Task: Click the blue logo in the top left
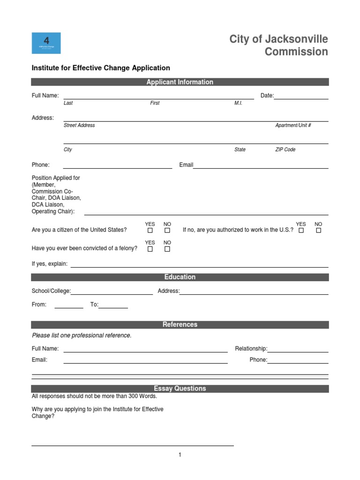click(46, 43)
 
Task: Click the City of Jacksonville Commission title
click(278, 45)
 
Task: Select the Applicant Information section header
click(180, 82)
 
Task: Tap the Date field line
click(301, 96)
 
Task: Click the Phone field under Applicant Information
click(117, 165)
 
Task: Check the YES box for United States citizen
click(150, 231)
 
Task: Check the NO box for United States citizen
click(167, 231)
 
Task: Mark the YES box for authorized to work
click(301, 231)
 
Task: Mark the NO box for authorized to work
click(319, 231)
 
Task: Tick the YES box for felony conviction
click(150, 249)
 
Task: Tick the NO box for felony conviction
click(167, 249)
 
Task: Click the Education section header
click(180, 277)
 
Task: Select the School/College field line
click(112, 292)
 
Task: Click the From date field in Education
click(69, 305)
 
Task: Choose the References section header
click(180, 324)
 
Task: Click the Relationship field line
click(298, 349)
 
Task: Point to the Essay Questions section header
click(180, 389)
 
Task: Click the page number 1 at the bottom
click(180, 455)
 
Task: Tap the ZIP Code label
click(285, 150)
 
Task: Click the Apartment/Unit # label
click(293, 125)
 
